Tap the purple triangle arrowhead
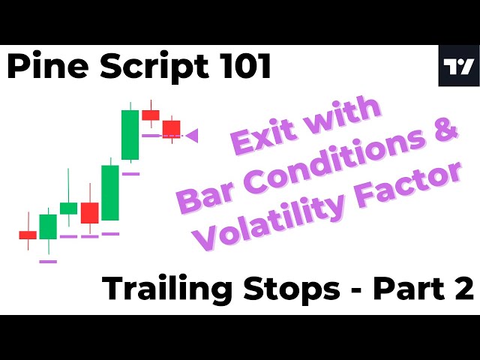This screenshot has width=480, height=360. tap(191, 136)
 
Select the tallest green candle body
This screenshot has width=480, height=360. tap(130, 135)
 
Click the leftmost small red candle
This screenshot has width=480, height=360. tap(28, 235)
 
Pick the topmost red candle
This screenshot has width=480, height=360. tap(151, 115)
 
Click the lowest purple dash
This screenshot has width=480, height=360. tap(48, 261)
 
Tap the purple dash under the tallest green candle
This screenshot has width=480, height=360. tap(130, 173)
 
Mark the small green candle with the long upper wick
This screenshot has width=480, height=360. tap(68, 208)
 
